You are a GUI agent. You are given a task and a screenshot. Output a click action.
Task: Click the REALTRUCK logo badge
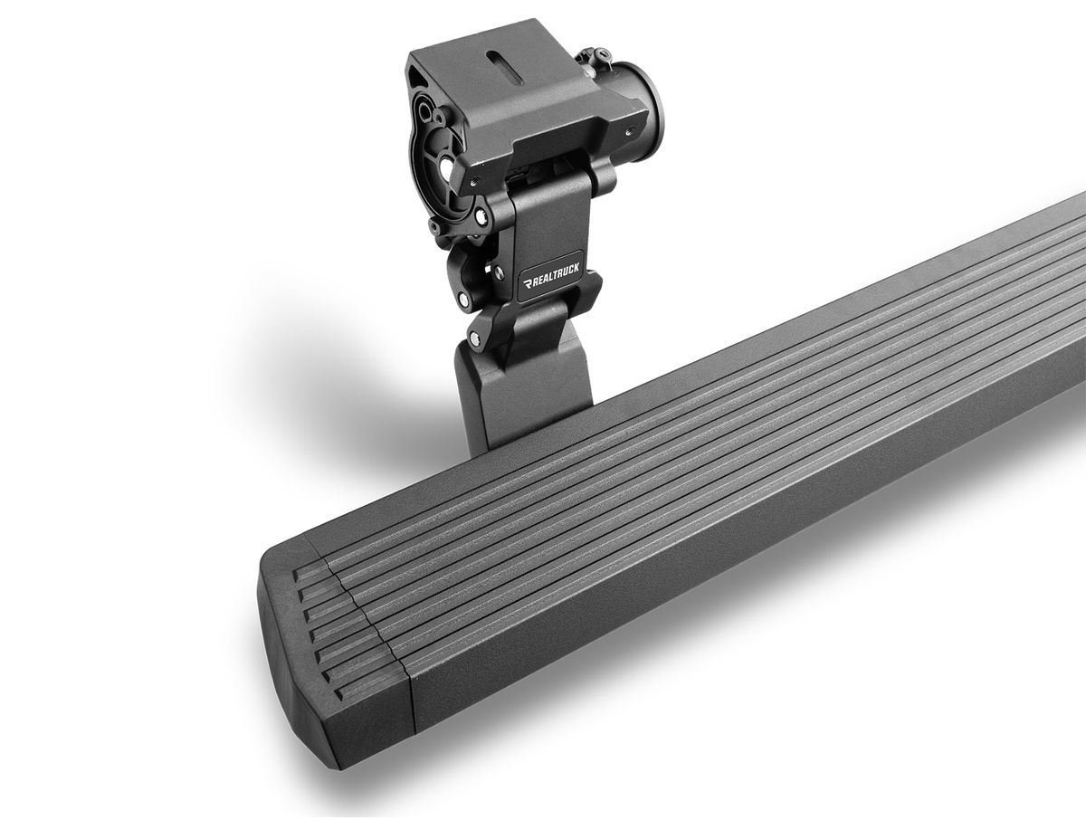coord(551,277)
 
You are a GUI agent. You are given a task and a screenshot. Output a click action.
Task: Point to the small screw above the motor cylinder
coord(599,54)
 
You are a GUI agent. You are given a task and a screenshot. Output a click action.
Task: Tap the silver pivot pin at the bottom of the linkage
coord(475,338)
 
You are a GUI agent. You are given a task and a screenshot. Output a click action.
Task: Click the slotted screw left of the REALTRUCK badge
coord(497,271)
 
